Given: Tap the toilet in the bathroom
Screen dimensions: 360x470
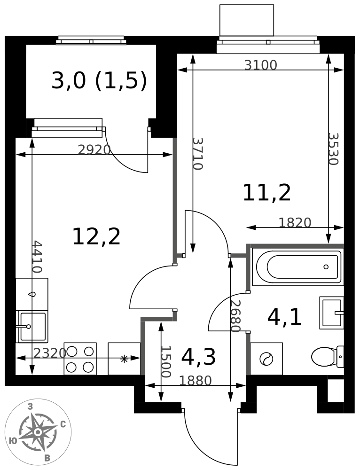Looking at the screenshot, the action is (x=327, y=357).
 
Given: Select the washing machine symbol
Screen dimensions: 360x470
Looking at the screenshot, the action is (x=266, y=359).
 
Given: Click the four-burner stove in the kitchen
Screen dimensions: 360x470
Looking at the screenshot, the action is (x=80, y=359).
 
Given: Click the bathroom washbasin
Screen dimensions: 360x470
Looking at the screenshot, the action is (x=331, y=313).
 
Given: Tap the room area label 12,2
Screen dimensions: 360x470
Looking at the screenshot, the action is (x=96, y=237).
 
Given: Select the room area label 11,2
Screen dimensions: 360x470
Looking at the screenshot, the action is (x=267, y=193).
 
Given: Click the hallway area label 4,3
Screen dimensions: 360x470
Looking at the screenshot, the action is (x=198, y=357).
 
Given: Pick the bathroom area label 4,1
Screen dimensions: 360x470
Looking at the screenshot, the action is (x=284, y=318).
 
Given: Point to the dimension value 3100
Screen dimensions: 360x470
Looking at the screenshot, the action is (x=260, y=65).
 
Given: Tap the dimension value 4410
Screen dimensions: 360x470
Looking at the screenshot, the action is (x=37, y=257).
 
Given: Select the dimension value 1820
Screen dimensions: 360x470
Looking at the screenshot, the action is (x=295, y=222).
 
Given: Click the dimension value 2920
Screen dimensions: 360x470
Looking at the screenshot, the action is (x=94, y=149).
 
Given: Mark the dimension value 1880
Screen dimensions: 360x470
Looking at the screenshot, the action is (x=196, y=381).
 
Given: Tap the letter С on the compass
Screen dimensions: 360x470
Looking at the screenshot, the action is (x=63, y=424).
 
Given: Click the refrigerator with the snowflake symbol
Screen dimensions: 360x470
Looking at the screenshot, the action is (x=124, y=359).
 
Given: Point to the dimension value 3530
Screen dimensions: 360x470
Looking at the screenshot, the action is (x=333, y=149).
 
